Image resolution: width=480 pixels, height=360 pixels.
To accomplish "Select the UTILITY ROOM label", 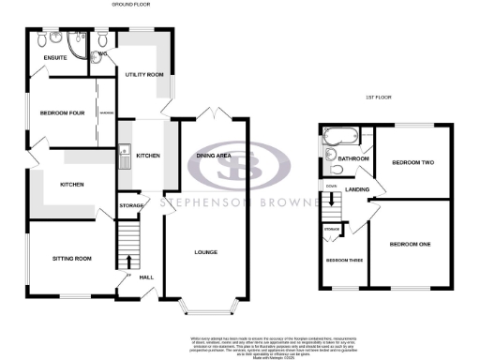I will point(144,74).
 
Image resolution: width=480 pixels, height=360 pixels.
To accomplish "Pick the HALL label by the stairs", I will point(146,277).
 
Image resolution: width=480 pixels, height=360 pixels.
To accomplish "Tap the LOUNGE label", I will point(205,252).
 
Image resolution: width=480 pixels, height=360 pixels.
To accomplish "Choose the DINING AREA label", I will point(213,156).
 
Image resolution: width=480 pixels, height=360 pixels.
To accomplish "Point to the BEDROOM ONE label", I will point(412,245).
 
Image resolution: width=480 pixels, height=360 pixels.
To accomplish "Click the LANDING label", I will point(357,190).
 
